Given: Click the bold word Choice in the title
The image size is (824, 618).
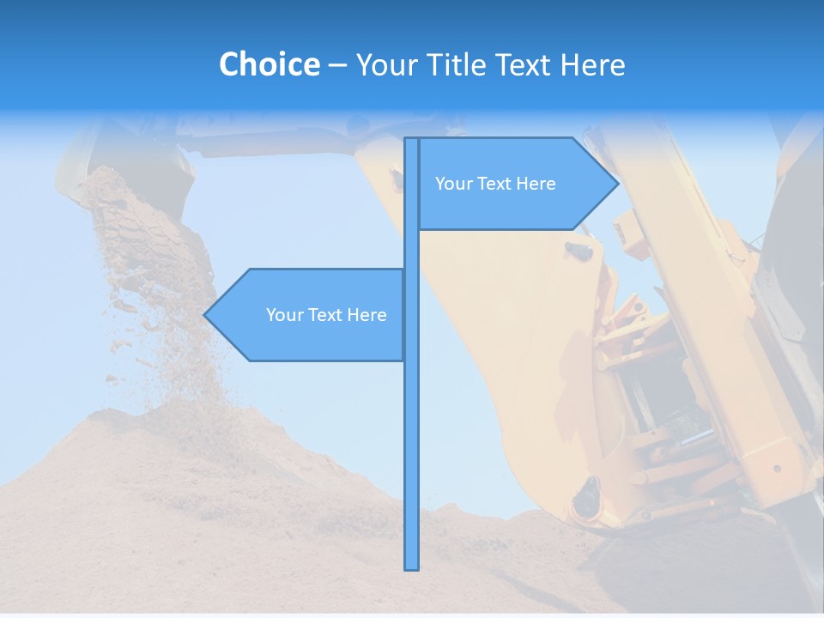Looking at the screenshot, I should point(269,64).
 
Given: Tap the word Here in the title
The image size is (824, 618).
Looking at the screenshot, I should point(592,64).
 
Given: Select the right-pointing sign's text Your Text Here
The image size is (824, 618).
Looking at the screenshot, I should point(495,184).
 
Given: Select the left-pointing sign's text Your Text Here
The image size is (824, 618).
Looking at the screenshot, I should point(326,315).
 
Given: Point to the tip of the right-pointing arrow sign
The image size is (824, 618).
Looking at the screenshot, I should point(617,183).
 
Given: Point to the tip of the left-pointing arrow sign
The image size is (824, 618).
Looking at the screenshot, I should point(205,315).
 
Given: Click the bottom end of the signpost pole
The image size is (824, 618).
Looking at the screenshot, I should point(411,567).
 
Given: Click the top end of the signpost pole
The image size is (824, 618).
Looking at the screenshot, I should point(411,140).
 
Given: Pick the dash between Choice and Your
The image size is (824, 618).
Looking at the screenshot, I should point(337,65).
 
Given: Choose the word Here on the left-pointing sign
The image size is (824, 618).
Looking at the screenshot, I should point(367,315).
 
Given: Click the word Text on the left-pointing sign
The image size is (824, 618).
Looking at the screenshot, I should point(325,315).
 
